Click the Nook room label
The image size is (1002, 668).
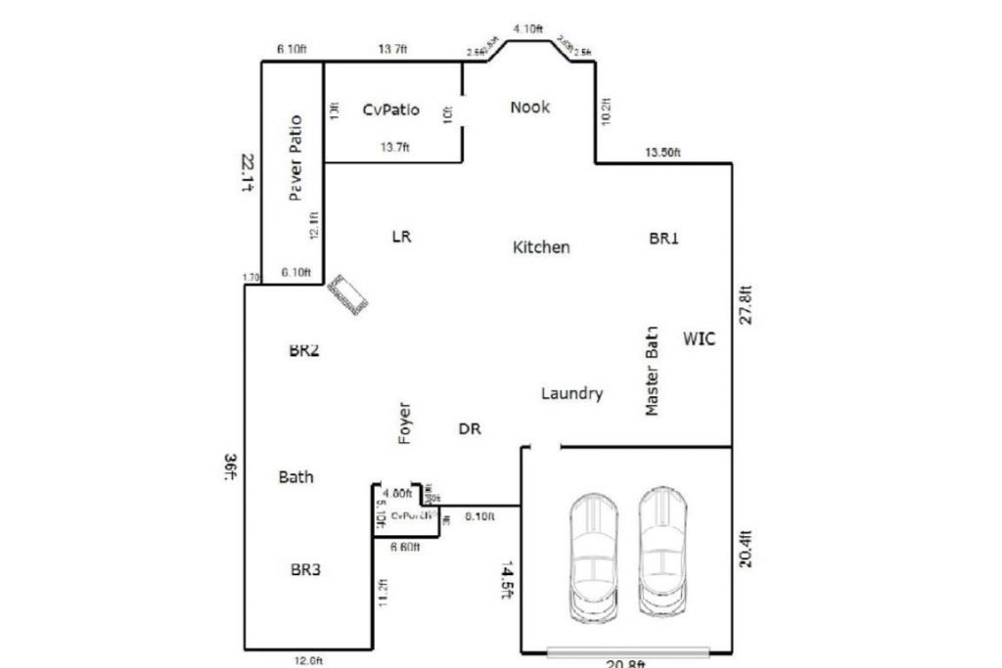pos(529,108)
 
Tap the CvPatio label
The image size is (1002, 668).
pos(390,110)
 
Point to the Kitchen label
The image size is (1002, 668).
pos(541,247)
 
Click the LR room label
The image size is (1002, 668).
pos(401,236)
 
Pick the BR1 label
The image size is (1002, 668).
pos(663,238)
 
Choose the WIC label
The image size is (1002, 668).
pos(700,339)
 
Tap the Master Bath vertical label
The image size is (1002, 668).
pos(653,372)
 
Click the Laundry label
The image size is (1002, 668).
pos(571,393)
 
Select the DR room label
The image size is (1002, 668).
pos(470,428)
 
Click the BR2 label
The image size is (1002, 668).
pos(303,351)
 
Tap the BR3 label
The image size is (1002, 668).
pos(305,568)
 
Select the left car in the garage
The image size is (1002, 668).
pos(593,555)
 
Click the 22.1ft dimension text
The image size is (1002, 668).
pos(249,172)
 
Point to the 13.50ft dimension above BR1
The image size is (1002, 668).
pos(662,153)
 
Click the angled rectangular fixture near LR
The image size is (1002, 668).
pos(348,294)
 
